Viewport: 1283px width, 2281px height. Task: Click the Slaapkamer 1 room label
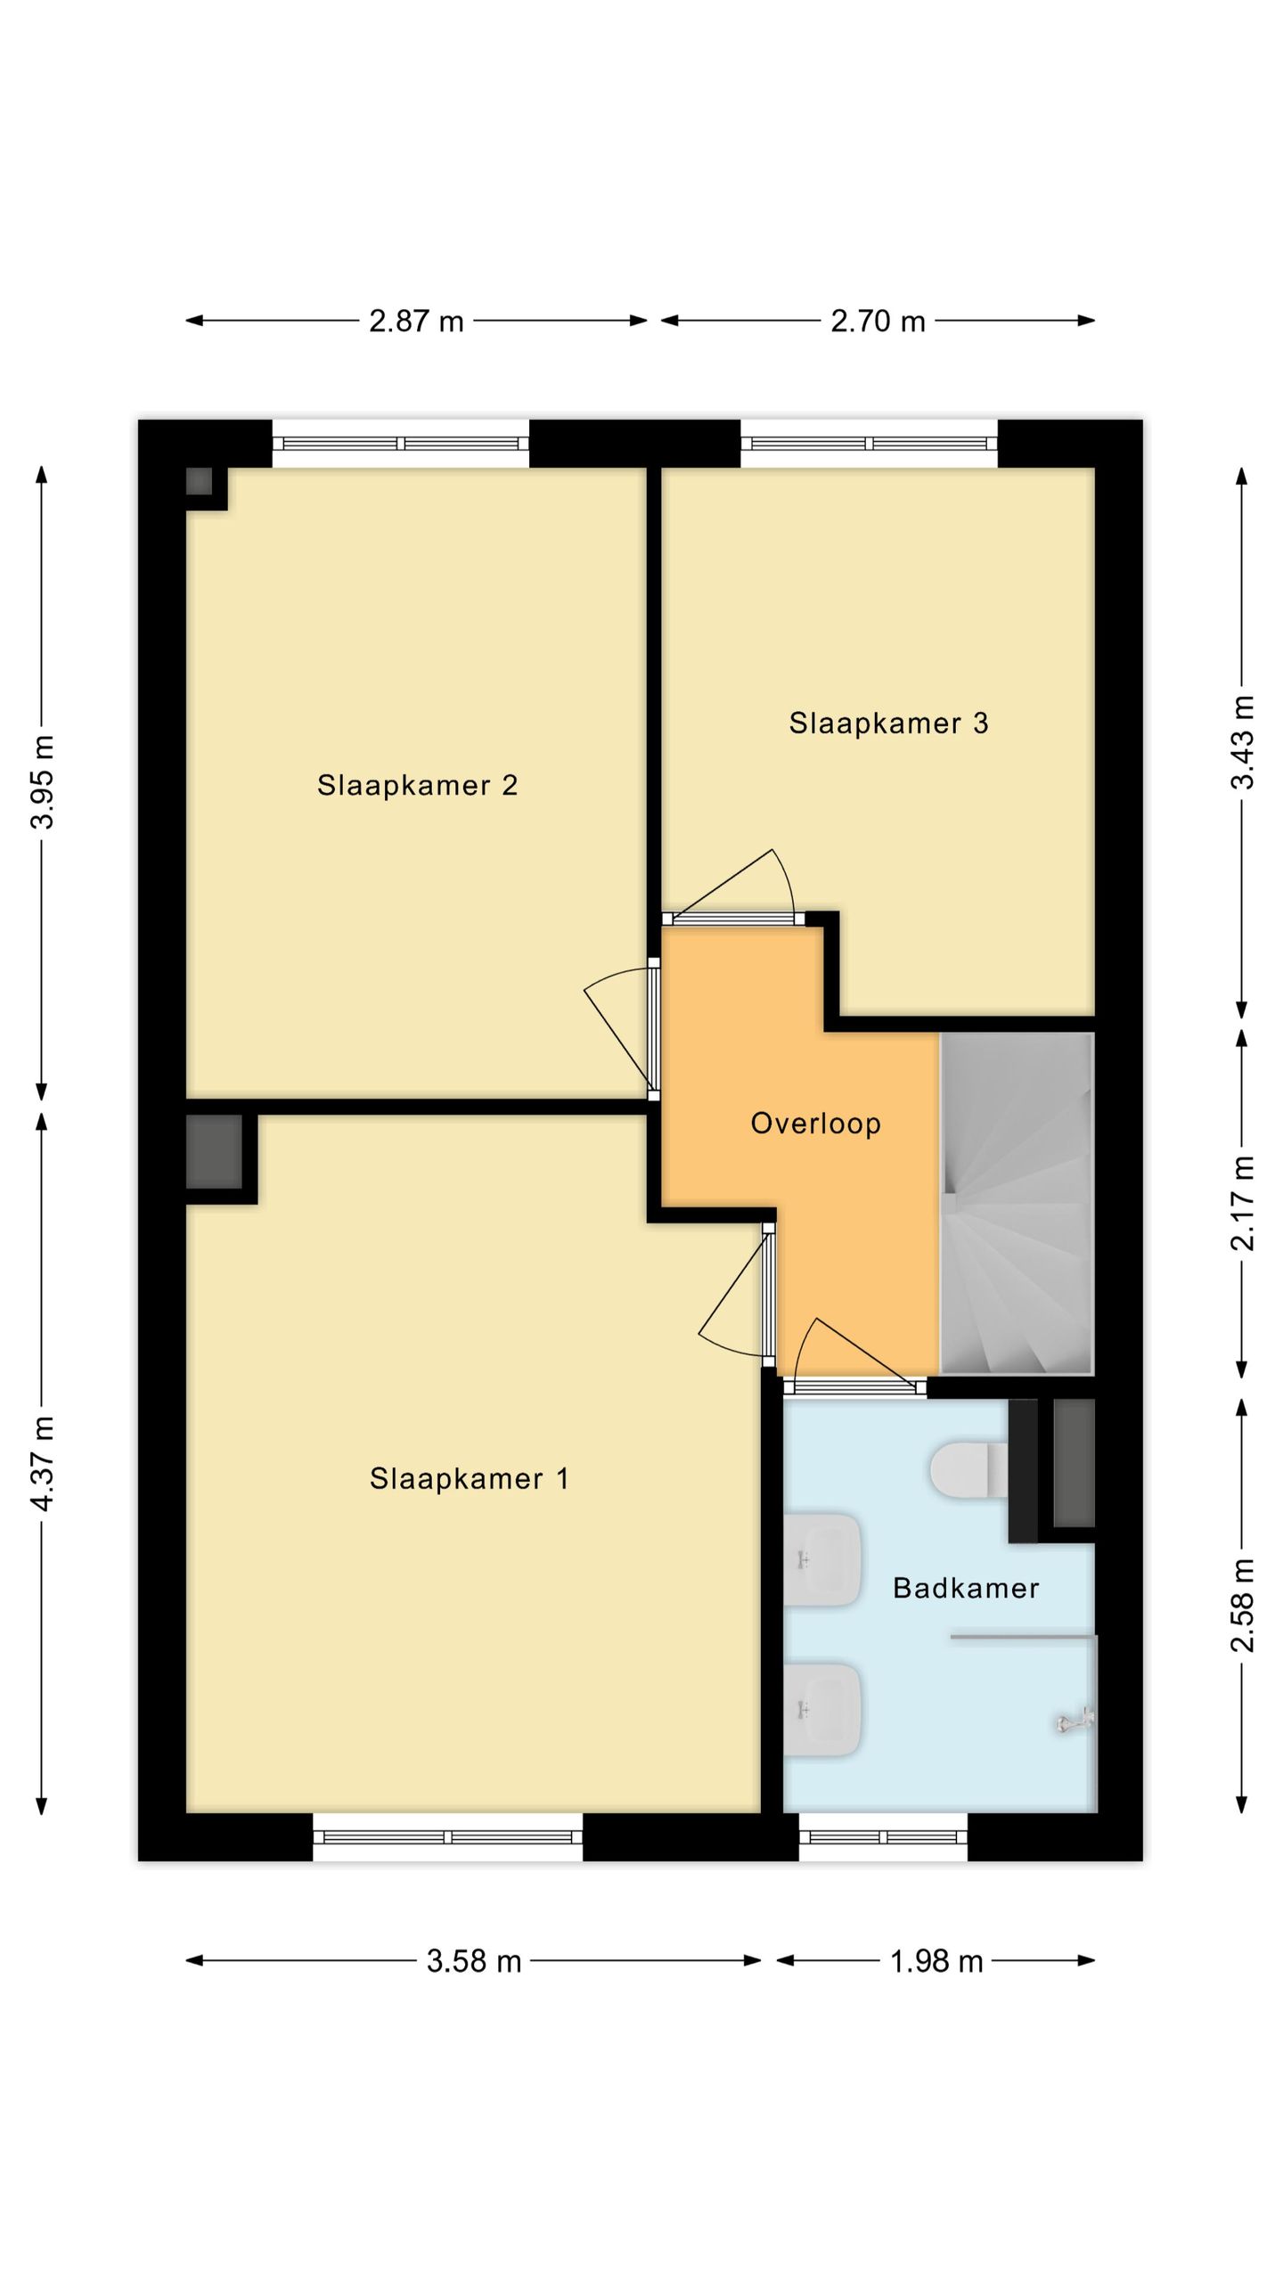click(x=469, y=1479)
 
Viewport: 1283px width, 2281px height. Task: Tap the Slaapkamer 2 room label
click(x=417, y=785)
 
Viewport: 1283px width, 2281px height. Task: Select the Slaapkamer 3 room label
click(x=888, y=723)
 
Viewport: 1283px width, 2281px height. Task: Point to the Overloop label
click(x=815, y=1124)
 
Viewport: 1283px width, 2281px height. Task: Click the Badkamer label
click(x=966, y=1588)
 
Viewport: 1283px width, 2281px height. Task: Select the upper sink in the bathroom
click(x=822, y=1560)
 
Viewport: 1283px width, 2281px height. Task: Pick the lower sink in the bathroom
click(x=822, y=1711)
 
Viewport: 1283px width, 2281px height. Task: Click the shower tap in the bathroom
click(x=1076, y=1721)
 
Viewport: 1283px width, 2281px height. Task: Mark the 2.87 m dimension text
click(x=417, y=321)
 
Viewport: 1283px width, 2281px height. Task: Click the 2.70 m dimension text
click(x=878, y=321)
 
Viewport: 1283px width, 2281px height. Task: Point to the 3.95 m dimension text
click(x=42, y=782)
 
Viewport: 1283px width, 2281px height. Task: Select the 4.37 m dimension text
click(x=42, y=1463)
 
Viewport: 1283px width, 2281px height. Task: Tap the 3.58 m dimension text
click(x=474, y=1961)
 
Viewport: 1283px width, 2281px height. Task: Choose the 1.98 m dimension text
click(x=936, y=1961)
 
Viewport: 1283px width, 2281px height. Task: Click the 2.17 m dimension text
click(x=1242, y=1204)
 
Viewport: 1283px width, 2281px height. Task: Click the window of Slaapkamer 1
click(x=448, y=1836)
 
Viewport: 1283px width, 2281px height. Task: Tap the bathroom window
click(x=883, y=1836)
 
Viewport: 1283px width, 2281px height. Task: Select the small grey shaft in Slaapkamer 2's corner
click(x=199, y=482)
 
